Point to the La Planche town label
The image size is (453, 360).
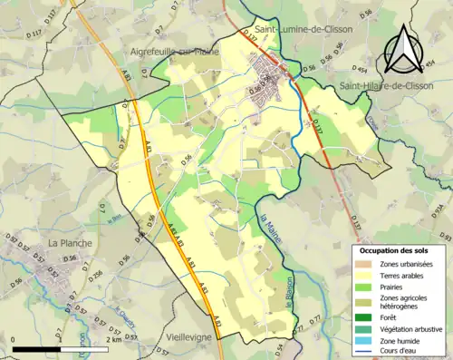pos(67,243)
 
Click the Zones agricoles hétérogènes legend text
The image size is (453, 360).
pos(408,301)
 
